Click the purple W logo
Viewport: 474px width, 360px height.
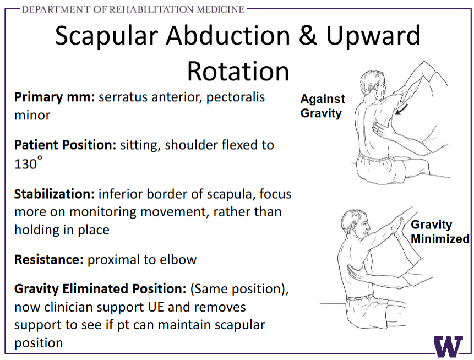tap(448, 346)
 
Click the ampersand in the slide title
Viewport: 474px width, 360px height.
tap(308, 36)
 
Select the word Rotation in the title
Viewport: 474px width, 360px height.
tap(238, 72)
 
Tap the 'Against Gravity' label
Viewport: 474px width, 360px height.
tap(323, 106)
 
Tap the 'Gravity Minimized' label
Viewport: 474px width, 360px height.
tap(440, 232)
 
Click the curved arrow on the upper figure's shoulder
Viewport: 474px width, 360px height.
tap(401, 110)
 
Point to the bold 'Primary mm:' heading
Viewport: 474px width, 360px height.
tap(55, 97)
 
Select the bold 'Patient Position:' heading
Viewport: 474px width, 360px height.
tap(66, 145)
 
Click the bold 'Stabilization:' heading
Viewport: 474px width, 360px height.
tap(55, 194)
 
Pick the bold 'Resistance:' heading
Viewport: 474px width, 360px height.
tap(48, 260)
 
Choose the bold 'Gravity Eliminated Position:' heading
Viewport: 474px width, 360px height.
tap(100, 289)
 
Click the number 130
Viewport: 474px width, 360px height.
tap(25, 164)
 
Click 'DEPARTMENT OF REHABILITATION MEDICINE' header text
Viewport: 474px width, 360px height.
tap(133, 9)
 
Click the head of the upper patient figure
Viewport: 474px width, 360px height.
tap(374, 85)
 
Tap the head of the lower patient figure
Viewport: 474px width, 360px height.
tap(356, 225)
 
